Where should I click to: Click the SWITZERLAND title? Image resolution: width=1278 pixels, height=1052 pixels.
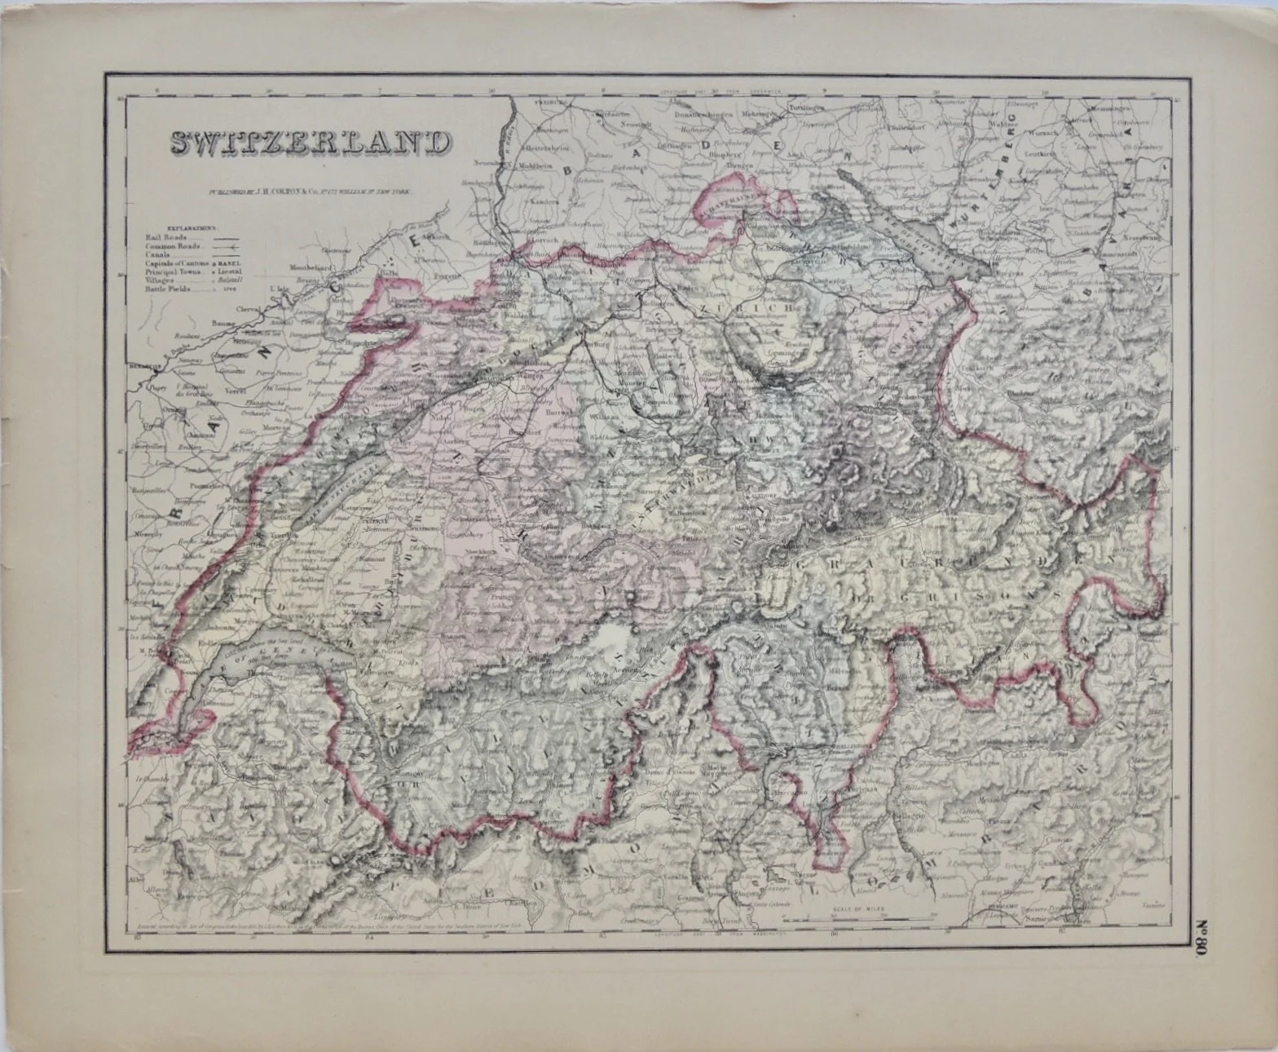(x=309, y=142)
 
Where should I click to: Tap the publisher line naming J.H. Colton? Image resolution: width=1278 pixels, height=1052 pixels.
(x=309, y=192)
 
